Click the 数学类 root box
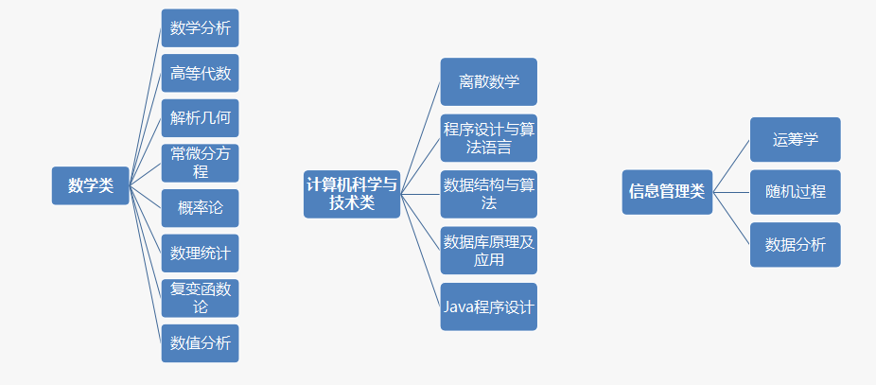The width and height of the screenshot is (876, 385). [x=91, y=185]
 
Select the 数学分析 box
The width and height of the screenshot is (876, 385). [x=200, y=28]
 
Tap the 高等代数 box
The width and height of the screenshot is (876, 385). [x=200, y=73]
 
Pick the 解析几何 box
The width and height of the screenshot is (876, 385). [x=200, y=118]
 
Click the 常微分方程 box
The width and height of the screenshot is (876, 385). [x=200, y=163]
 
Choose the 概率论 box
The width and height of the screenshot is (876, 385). [x=200, y=208]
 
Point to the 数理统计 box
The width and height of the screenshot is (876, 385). [x=200, y=254]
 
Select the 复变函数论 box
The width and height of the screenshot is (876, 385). [x=200, y=298]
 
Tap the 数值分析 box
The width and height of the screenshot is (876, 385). [x=200, y=343]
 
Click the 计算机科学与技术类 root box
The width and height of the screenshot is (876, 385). [x=352, y=193]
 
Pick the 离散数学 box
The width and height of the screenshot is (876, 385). [x=489, y=81]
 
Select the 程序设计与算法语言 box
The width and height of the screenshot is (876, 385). [x=489, y=138]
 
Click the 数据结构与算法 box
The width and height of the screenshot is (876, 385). [x=489, y=194]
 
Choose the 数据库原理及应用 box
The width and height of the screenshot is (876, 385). [x=489, y=251]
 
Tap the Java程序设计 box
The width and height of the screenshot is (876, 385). [x=489, y=306]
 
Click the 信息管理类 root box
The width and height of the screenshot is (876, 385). [x=667, y=192]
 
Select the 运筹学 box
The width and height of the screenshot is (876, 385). [x=795, y=140]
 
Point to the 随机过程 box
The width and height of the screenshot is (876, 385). [x=795, y=192]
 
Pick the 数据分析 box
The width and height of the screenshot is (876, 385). [x=795, y=245]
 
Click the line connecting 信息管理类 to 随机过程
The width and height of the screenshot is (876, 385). [x=731, y=192]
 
